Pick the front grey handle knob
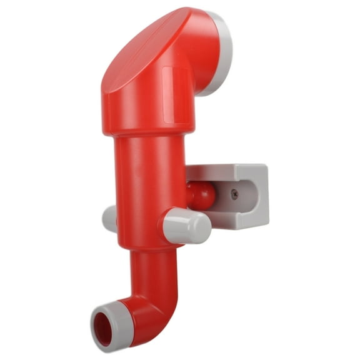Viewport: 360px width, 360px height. (184, 226)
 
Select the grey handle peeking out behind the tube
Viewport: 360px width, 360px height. (110, 219)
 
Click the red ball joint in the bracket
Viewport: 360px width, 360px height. (201, 196)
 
